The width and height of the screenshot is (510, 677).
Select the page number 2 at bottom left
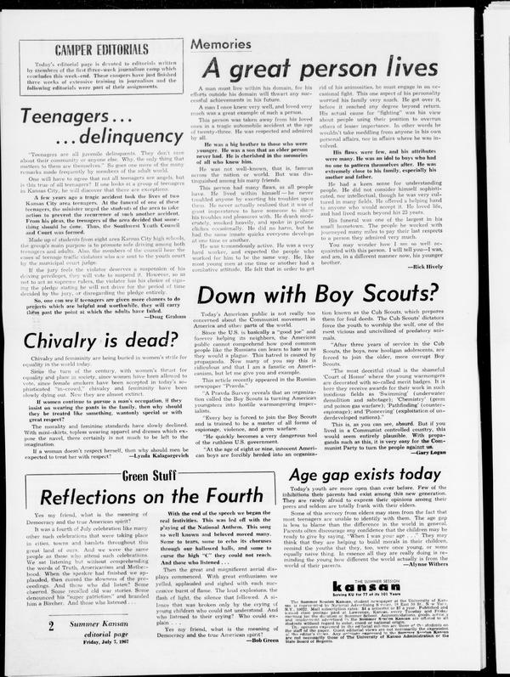(28, 649)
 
